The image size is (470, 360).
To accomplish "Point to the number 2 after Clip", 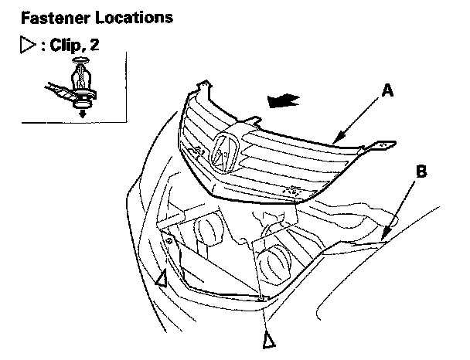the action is tap(95, 46).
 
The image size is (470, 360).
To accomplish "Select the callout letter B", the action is tap(420, 172).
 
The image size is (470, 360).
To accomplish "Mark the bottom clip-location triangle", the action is tap(268, 338).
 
